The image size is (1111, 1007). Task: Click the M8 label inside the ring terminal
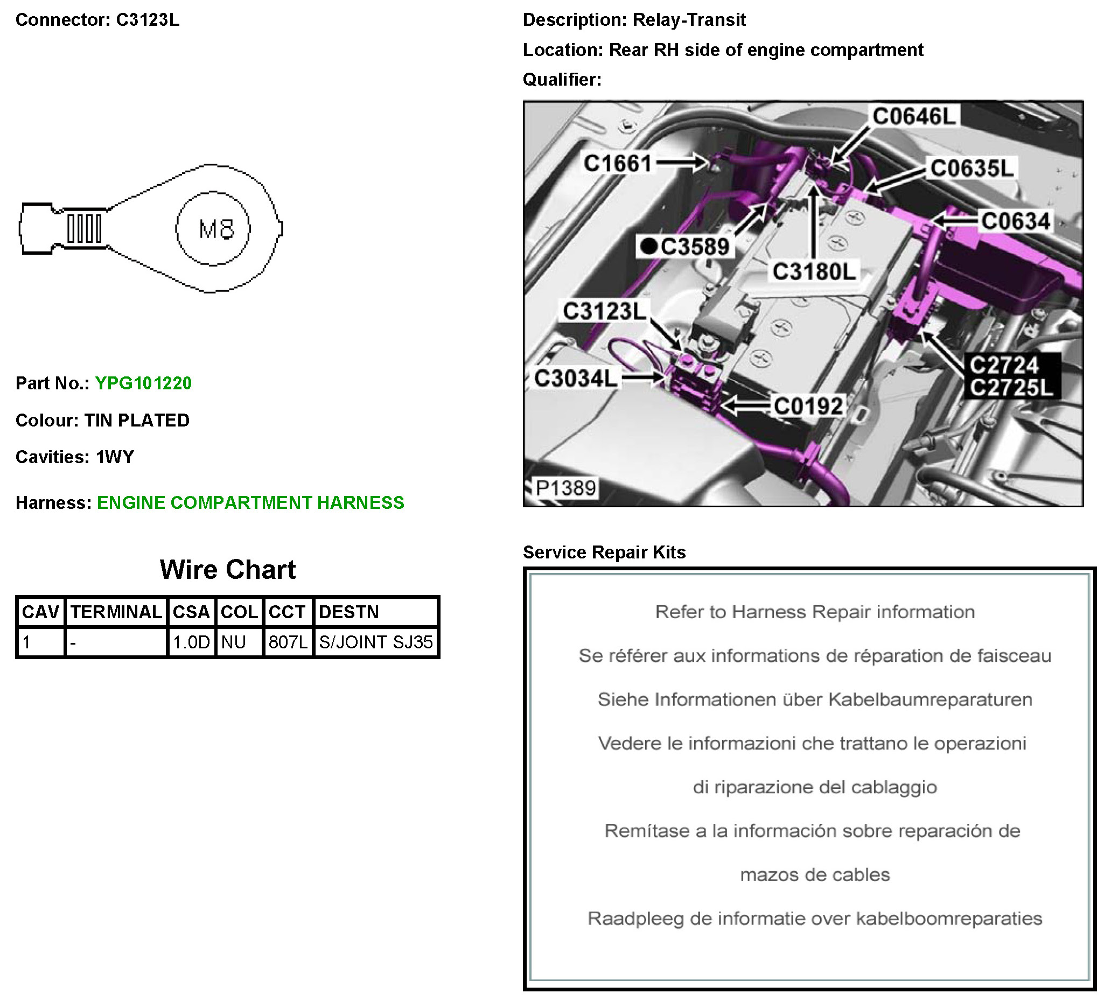(216, 229)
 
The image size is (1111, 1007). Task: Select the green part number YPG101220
(143, 383)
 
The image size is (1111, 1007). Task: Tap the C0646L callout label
(914, 117)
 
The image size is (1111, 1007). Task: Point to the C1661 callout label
(618, 164)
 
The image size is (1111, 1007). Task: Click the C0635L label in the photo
(972, 169)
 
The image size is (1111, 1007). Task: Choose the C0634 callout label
(1016, 221)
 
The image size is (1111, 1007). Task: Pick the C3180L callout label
(814, 272)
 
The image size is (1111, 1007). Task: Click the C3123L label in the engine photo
(604, 311)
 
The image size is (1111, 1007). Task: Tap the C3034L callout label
(576, 379)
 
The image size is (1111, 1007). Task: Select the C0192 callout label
(808, 406)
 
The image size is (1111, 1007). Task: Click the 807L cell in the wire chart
(288, 642)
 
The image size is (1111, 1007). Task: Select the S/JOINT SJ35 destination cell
(376, 642)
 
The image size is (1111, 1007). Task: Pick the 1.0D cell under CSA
(191, 642)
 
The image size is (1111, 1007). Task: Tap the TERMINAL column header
(116, 612)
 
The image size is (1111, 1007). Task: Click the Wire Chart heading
(228, 570)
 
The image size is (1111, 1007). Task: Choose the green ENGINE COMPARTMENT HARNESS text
(251, 503)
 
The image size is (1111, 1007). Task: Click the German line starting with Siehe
(814, 700)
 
